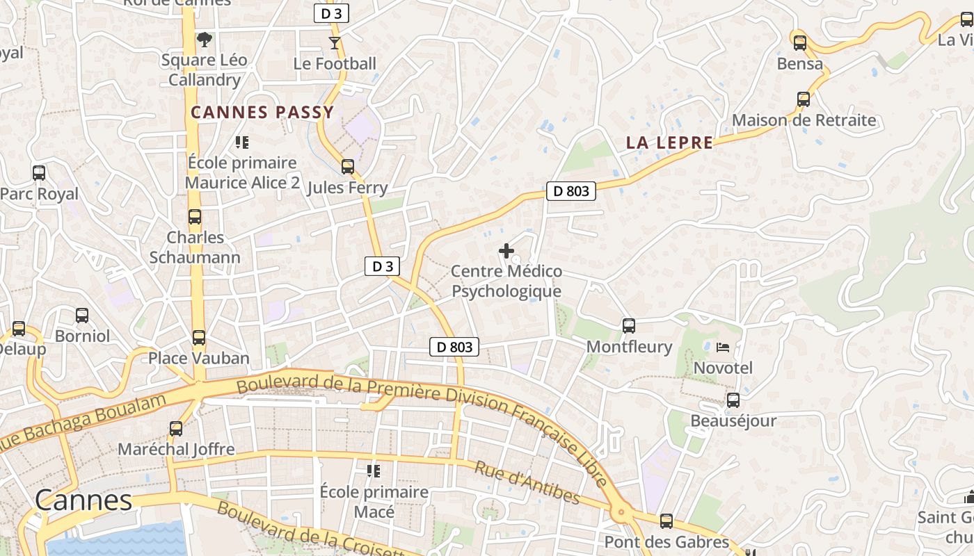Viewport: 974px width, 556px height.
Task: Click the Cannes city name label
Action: [83, 500]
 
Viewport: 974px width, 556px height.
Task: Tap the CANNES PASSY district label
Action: [262, 112]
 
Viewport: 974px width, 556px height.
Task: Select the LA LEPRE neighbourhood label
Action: [669, 143]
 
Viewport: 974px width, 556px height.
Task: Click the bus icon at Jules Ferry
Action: [347, 167]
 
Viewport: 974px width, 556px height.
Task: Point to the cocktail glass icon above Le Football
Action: [335, 43]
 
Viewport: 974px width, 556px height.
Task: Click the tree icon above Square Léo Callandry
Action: [204, 39]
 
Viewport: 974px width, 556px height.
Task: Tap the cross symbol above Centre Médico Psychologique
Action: [506, 251]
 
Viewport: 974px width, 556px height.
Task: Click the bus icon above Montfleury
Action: [629, 325]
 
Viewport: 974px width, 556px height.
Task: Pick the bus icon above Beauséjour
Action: [733, 400]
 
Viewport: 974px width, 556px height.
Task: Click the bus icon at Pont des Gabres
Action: [666, 521]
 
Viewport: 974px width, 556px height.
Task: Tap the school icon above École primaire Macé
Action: [374, 471]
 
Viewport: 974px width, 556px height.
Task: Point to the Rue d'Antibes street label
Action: [527, 482]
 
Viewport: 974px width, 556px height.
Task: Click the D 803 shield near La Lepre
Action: [570, 191]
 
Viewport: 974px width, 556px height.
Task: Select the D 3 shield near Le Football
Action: [330, 13]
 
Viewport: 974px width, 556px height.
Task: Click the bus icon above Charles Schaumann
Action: [195, 217]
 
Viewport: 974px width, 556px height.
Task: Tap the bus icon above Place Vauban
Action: [199, 338]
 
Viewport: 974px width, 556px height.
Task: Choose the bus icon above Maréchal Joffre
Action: [176, 429]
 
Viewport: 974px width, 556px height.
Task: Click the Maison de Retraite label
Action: [804, 120]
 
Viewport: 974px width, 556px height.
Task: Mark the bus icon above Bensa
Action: [800, 43]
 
